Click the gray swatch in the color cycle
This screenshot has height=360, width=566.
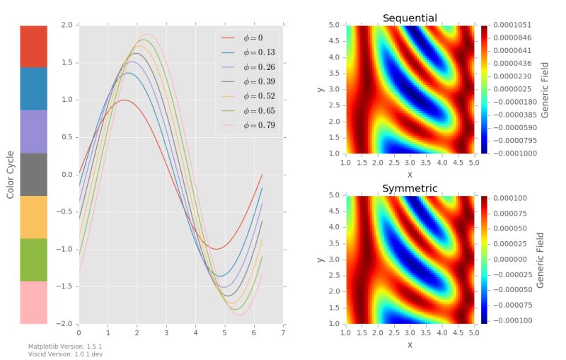tap(33, 174)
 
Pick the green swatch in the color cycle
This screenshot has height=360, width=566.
tap(33, 260)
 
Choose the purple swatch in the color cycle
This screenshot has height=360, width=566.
tap(33, 131)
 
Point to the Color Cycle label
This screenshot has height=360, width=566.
tap(10, 174)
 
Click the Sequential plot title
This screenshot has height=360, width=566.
tap(410, 18)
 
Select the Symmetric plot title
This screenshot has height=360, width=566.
tap(410, 188)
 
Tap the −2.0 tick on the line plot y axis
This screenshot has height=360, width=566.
tap(67, 323)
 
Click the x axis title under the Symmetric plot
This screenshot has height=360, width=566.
tap(410, 344)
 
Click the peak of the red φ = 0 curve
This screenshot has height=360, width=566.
tap(125, 100)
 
